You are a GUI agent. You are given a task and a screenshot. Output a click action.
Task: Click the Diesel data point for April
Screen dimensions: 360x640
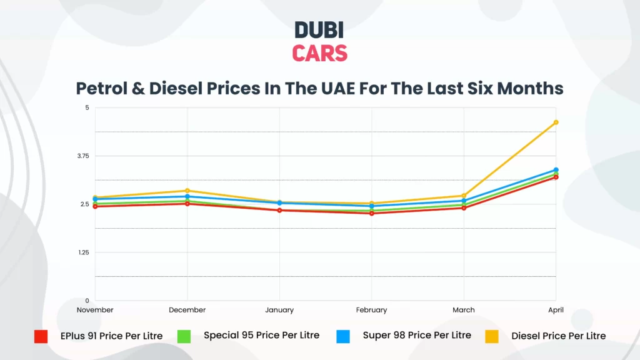tap(556, 122)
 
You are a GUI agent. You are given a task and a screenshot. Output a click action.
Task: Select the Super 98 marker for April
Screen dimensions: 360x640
tap(556, 170)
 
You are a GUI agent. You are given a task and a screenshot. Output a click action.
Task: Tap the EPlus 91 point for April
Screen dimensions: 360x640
tap(556, 177)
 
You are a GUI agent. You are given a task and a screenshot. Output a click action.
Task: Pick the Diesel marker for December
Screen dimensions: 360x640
tap(187, 191)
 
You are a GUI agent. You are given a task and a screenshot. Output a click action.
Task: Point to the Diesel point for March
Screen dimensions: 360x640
tap(464, 196)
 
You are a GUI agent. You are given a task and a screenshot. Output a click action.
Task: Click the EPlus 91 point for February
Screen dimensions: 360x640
tap(372, 213)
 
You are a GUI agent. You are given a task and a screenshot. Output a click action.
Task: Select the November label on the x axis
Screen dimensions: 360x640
tap(95, 310)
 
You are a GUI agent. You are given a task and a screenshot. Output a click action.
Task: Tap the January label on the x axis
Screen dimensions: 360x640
tap(279, 310)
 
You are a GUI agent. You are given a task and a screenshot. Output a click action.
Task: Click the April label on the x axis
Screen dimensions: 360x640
tap(556, 310)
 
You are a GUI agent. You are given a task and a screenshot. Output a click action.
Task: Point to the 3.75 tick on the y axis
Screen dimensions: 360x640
tap(82, 156)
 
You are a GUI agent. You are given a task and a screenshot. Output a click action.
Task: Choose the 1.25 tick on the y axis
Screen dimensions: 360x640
tap(82, 252)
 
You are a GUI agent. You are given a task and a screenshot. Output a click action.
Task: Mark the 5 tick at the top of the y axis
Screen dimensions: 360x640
tap(87, 107)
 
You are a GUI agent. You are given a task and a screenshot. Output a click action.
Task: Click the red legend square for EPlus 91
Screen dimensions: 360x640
tap(41, 336)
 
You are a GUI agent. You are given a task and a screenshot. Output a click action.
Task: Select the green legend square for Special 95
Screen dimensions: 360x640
tap(185, 336)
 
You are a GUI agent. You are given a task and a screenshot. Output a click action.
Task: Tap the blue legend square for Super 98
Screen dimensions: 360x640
tap(343, 336)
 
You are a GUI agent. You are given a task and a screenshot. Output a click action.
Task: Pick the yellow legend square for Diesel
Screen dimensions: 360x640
tap(492, 336)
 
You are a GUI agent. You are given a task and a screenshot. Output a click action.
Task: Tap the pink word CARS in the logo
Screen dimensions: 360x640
tap(319, 53)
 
